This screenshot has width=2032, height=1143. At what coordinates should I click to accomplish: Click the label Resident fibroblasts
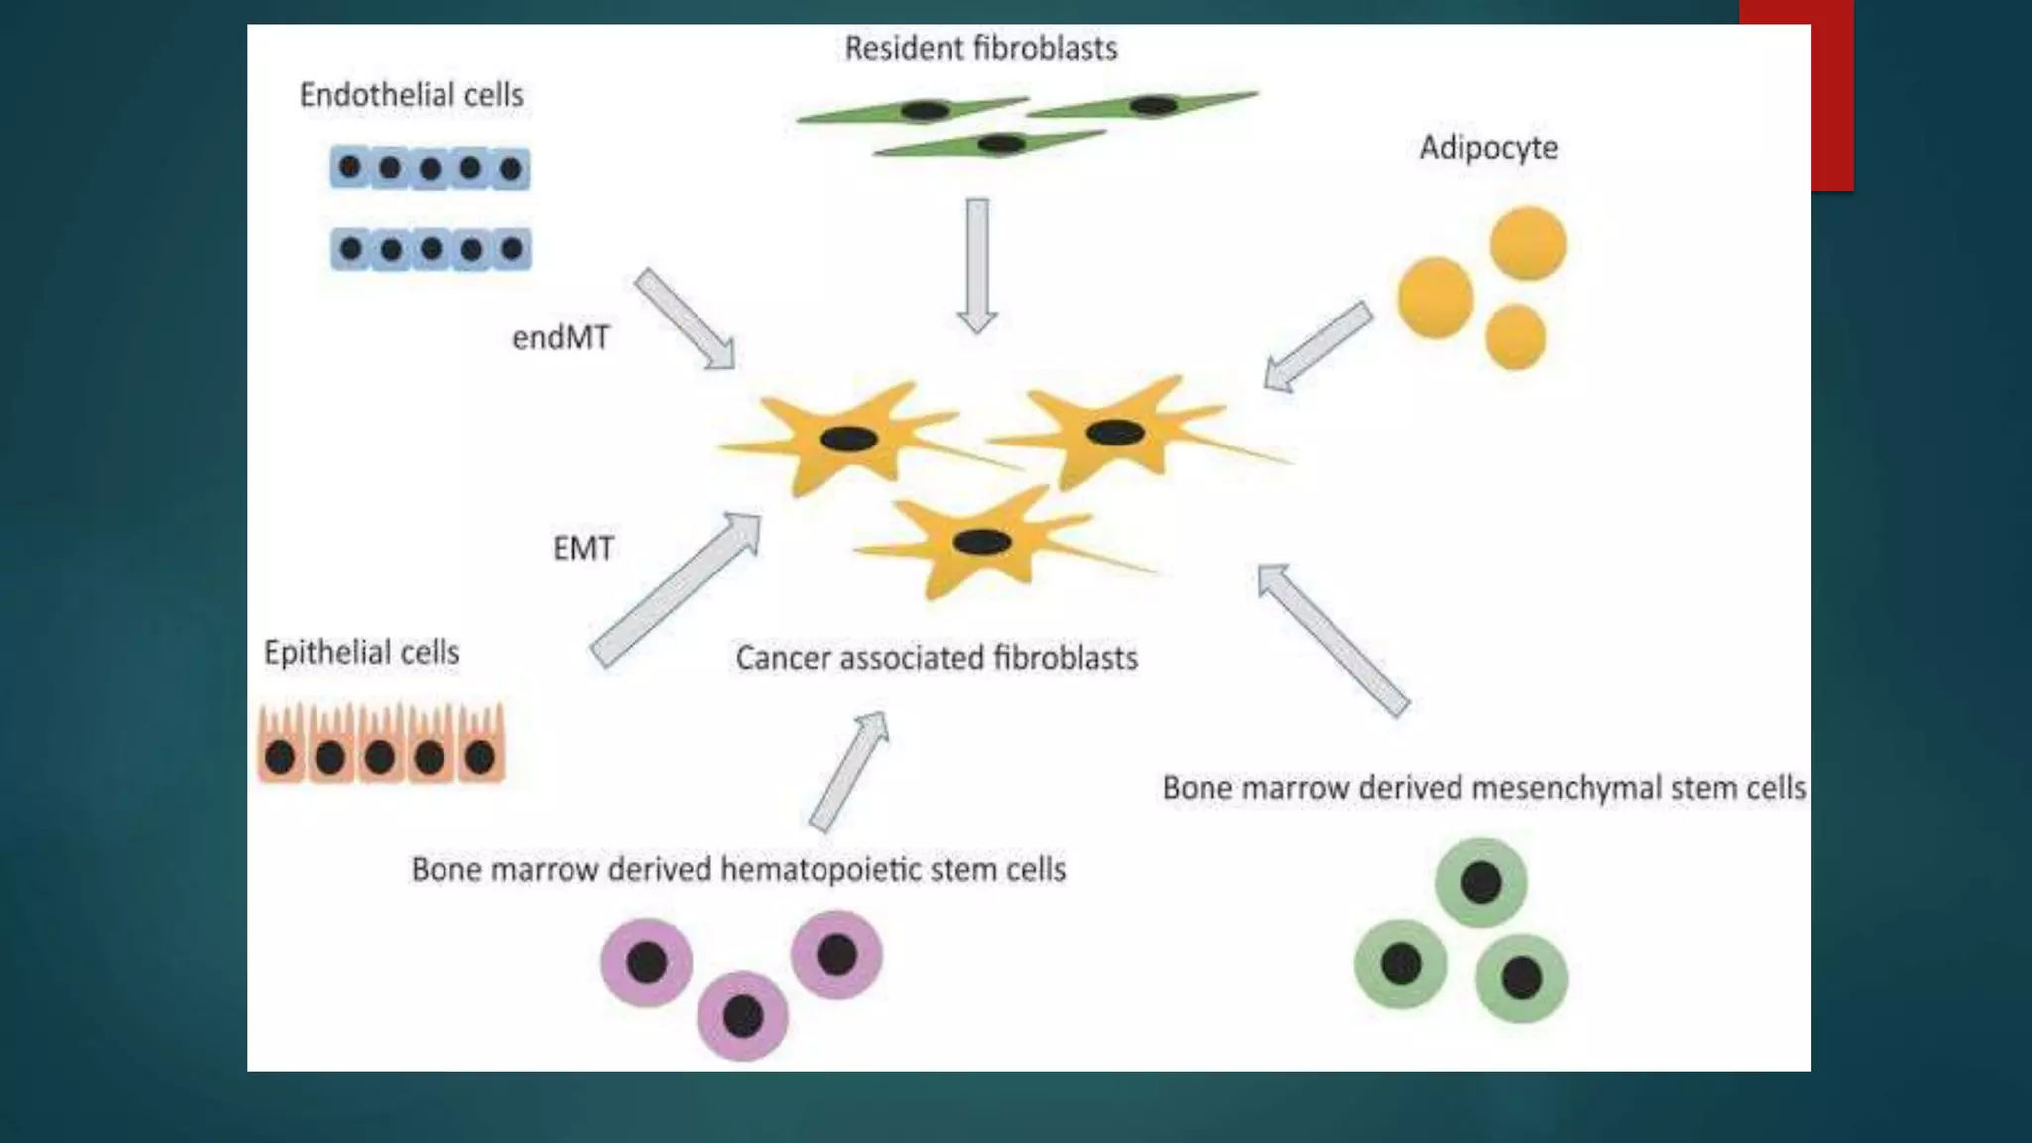(x=980, y=48)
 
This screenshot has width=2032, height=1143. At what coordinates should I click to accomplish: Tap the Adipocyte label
(x=1487, y=148)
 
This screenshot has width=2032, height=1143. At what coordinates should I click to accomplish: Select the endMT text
(x=561, y=338)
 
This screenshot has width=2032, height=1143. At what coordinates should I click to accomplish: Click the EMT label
(x=582, y=548)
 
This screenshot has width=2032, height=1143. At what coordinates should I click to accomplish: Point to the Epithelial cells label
(x=361, y=652)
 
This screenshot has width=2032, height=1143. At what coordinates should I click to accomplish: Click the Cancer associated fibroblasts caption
(x=936, y=658)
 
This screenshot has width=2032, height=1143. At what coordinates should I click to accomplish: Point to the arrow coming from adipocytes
(x=1318, y=346)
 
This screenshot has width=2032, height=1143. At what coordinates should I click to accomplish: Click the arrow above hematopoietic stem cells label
(x=849, y=771)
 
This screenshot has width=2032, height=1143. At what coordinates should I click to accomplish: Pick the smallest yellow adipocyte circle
(x=1515, y=337)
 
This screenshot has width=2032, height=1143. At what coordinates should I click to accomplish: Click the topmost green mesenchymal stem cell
(x=1480, y=882)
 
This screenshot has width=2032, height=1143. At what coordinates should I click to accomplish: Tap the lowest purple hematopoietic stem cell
(x=742, y=1015)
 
